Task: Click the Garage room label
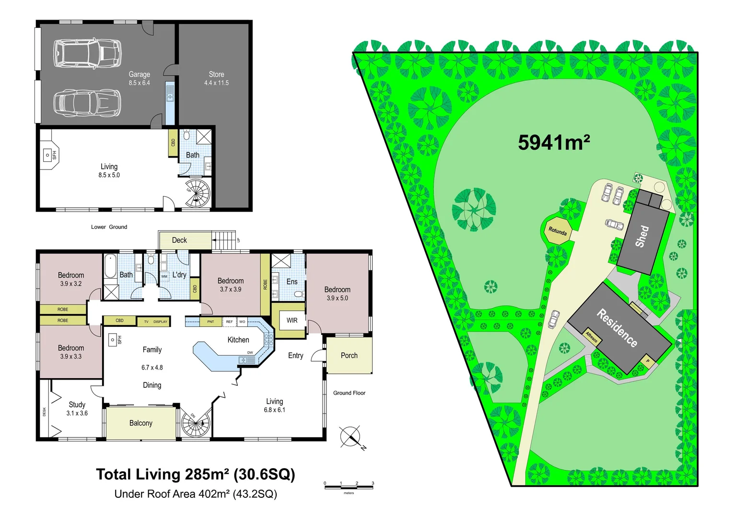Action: coord(139,75)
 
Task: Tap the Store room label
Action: coord(216,75)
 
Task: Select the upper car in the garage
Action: coord(87,53)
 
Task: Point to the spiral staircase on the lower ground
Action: coord(198,193)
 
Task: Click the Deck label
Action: coord(179,240)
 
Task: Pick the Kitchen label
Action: coord(238,340)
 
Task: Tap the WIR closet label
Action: coord(291,320)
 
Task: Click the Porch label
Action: coord(349,356)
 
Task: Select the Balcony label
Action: coord(140,423)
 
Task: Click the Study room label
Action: coord(77,405)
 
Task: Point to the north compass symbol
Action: coord(351,437)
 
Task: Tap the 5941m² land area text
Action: coord(554,143)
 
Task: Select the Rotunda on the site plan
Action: coord(558,231)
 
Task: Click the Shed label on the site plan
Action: coord(642,236)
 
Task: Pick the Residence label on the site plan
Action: coord(617,328)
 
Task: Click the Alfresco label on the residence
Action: coord(592,337)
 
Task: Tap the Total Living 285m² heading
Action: coord(195,474)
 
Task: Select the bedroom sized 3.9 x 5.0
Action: coord(337,293)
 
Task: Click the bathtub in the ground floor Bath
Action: coord(110,267)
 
